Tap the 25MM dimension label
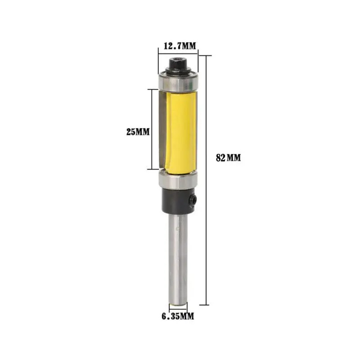pos(137,132)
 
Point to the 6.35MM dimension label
pos(178,316)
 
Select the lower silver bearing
pos(178,181)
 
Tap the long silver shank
pos(178,256)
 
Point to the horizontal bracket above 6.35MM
pos(178,307)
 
